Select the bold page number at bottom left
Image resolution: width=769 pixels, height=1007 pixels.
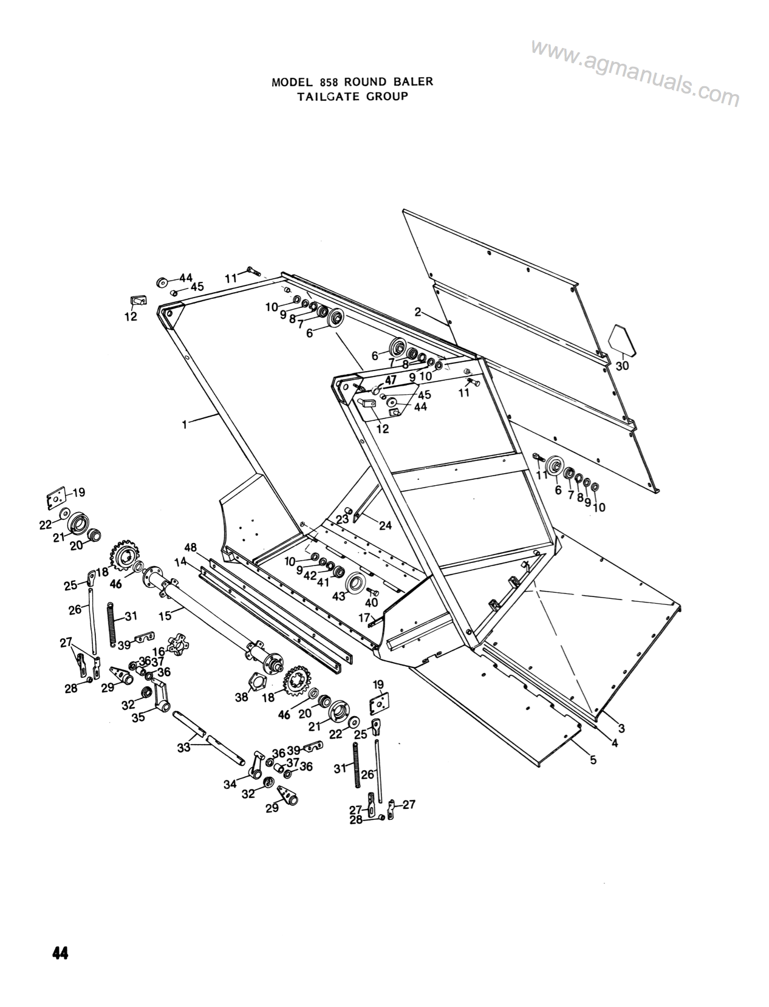60,954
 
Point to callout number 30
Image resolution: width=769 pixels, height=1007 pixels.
622,366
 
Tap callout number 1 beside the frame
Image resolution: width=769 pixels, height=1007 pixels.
184,425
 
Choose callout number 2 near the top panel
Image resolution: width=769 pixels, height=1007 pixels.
418,312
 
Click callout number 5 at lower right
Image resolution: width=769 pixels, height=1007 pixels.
592,759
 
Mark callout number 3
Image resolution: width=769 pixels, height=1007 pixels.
621,728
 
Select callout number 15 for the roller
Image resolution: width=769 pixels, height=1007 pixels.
165,615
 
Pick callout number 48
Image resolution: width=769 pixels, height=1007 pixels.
191,547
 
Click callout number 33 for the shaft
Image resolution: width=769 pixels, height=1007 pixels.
183,748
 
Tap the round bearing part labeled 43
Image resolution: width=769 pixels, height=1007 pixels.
355,584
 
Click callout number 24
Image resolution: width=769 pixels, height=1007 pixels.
385,526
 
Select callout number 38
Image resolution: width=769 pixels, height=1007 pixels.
242,697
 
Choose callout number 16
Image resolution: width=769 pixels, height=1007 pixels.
159,652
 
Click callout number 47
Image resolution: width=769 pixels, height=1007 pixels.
391,381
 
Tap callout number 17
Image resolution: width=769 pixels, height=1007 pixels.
364,618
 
